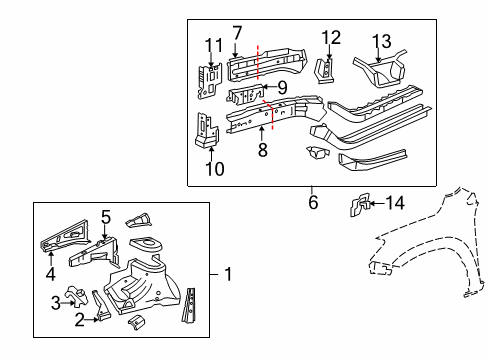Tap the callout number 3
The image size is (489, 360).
[56, 302]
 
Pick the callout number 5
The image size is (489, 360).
[105, 217]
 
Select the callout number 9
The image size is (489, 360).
[283, 88]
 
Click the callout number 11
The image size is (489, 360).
[211, 45]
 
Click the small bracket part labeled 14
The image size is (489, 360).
[355, 206]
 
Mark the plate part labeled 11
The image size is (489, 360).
[209, 80]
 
